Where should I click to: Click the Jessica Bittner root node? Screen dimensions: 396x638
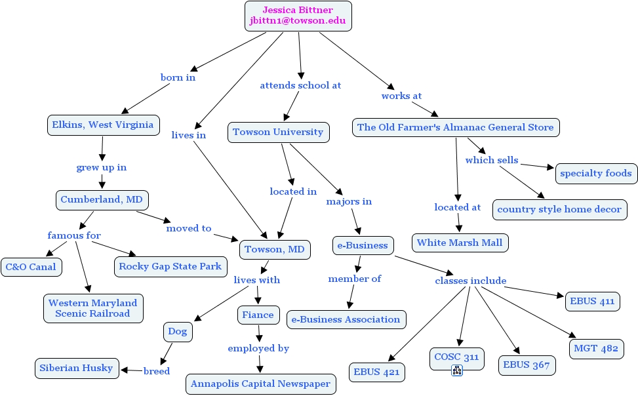tap(298, 16)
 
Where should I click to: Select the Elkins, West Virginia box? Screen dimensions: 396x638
tap(102, 125)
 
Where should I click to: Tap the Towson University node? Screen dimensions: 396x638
tap(278, 132)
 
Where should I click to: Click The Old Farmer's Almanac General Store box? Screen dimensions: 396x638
tap(455, 127)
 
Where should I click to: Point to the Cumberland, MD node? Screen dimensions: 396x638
tap(102, 199)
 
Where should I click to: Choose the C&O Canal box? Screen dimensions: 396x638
tap(31, 267)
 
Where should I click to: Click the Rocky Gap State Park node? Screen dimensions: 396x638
tap(170, 266)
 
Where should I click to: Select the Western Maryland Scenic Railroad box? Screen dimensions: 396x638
tap(93, 308)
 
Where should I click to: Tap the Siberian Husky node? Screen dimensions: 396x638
tap(76, 368)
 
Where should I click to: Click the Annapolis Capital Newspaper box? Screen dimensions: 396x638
tap(260, 384)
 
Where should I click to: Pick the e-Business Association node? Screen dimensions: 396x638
tap(346, 319)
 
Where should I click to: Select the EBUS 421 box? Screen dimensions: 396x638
tap(376, 372)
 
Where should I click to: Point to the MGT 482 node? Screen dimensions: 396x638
tap(595, 348)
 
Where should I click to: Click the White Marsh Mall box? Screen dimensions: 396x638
tap(460, 243)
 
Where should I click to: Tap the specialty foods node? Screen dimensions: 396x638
tap(596, 173)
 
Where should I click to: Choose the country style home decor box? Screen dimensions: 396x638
tap(559, 210)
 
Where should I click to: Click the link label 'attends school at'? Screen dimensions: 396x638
tap(300, 85)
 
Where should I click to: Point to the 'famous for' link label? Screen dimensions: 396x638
tap(74, 235)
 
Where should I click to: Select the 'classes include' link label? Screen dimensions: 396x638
tap(471, 281)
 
